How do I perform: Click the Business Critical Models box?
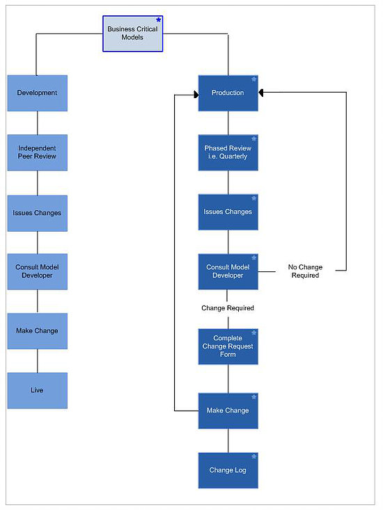(133, 33)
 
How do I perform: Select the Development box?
(38, 93)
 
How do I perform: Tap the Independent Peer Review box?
(38, 152)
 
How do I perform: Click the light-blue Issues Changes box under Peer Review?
(38, 213)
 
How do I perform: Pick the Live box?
(38, 390)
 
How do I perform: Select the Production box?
(228, 93)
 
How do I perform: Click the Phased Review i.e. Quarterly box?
(228, 152)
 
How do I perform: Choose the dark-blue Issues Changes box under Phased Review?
(228, 212)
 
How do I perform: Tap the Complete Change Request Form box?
(228, 346)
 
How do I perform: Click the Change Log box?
(228, 470)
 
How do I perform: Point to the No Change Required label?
(305, 271)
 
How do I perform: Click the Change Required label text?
(228, 308)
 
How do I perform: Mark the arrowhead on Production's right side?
(260, 93)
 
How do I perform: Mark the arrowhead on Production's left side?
(196, 95)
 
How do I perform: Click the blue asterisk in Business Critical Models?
(159, 20)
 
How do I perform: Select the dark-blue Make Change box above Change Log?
(228, 411)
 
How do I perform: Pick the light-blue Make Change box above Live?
(38, 331)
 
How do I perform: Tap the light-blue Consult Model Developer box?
(38, 271)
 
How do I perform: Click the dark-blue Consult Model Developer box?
(228, 271)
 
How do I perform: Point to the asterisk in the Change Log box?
(253, 456)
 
